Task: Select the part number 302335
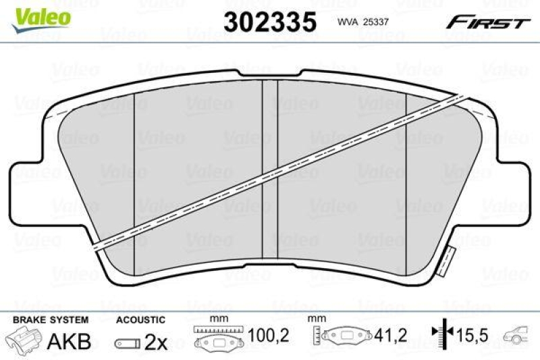[271, 22]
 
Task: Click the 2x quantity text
[156, 342]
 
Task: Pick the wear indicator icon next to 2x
[127, 343]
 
